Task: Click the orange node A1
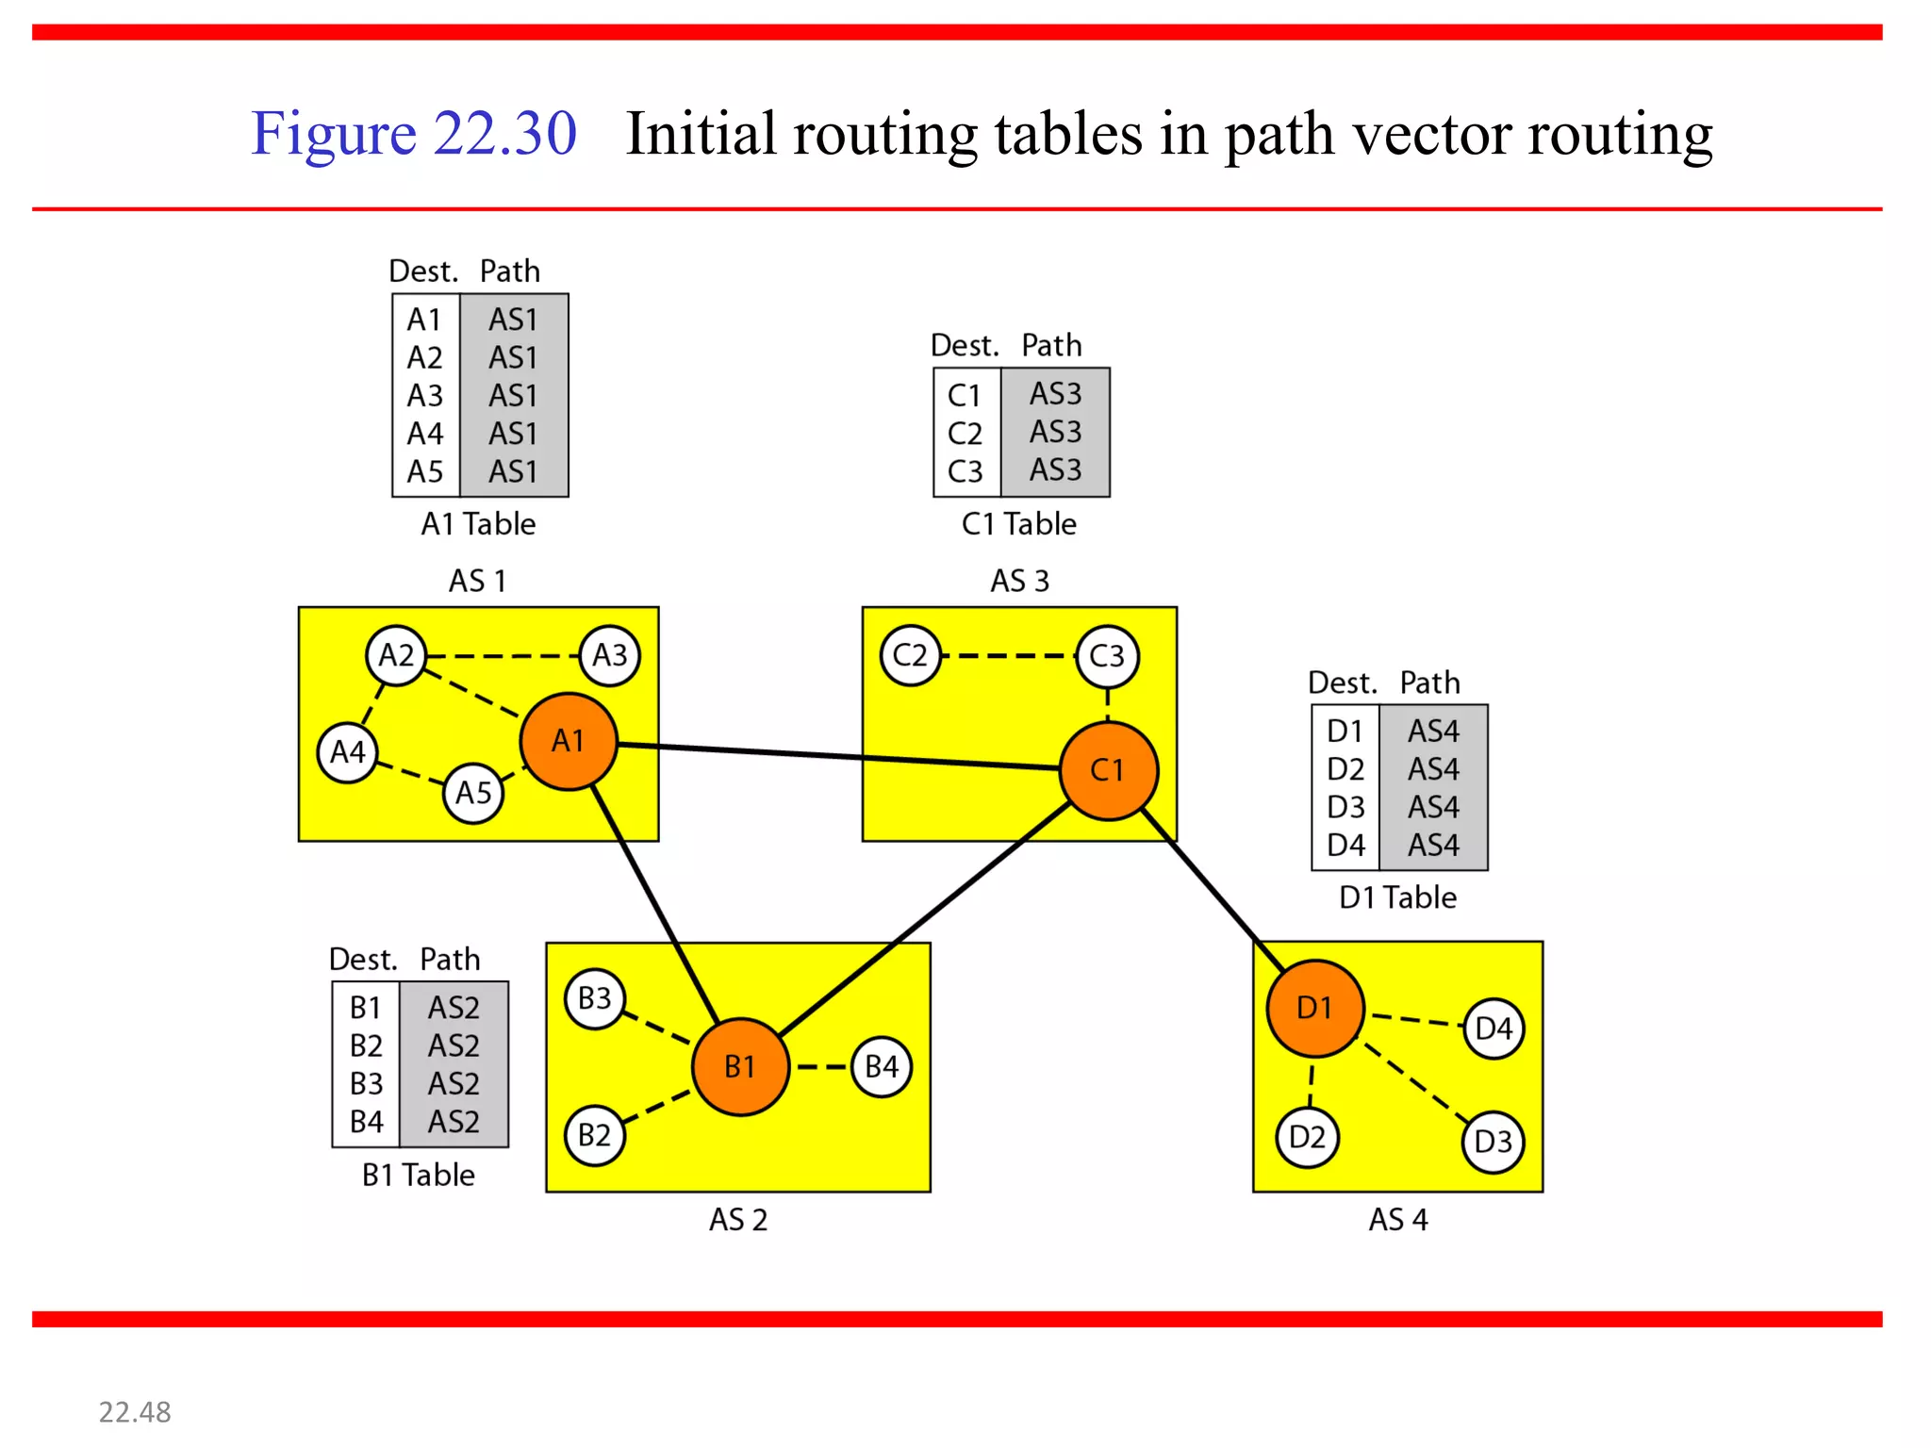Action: tap(569, 741)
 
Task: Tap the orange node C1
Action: tap(1108, 770)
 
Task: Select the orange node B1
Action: tap(740, 1066)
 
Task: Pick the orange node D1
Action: tap(1314, 1008)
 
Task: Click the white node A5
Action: tap(473, 793)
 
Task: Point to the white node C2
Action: tap(910, 655)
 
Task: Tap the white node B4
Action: tap(882, 1066)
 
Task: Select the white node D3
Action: tap(1493, 1142)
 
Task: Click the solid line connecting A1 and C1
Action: tap(839, 756)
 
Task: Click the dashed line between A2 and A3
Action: tap(503, 655)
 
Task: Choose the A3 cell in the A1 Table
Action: tap(425, 396)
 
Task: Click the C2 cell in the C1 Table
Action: tap(965, 434)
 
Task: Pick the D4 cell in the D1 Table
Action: tap(1345, 846)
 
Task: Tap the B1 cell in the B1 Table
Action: tap(366, 1008)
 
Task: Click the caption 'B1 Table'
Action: tap(419, 1175)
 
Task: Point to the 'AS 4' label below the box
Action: tap(1398, 1220)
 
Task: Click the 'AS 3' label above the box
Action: tap(1019, 581)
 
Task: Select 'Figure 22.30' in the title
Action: tap(413, 134)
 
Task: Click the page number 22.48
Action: tap(135, 1412)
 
